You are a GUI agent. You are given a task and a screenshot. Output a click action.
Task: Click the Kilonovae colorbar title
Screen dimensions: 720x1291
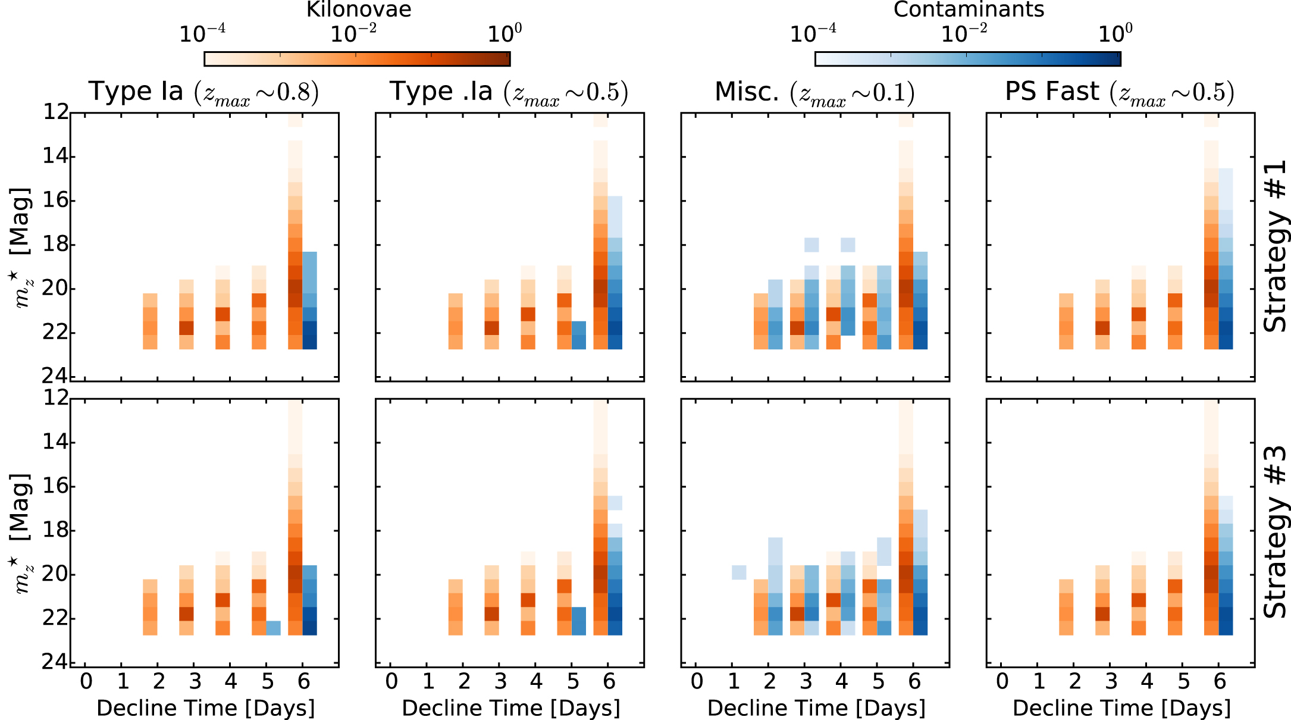tap(358, 10)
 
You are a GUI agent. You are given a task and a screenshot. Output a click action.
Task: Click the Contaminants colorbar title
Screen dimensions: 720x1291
tap(969, 10)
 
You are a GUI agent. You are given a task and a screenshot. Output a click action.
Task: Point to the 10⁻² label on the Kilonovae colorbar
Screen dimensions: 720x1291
tap(353, 33)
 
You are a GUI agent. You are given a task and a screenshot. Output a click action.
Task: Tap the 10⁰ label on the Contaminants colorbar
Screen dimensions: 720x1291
tap(1115, 33)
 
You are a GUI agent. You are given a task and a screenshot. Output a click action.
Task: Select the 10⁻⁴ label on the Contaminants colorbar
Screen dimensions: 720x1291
tap(813, 33)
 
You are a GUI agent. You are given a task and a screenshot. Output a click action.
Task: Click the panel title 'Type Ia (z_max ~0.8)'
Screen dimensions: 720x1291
tap(204, 92)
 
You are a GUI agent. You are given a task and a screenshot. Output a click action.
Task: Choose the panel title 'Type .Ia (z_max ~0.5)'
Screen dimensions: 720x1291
tap(509, 92)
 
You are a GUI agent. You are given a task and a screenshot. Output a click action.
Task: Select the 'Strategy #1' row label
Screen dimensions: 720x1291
tap(1275, 246)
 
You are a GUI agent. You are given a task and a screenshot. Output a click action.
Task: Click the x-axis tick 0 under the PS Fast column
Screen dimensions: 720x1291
tap(1002, 681)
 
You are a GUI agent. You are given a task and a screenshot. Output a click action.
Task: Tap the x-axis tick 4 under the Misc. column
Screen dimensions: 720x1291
tap(841, 681)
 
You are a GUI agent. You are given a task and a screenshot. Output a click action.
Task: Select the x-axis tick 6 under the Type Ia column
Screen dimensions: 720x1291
tap(303, 681)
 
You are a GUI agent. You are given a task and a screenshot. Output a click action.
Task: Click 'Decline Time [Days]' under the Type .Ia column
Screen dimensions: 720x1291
tap(511, 708)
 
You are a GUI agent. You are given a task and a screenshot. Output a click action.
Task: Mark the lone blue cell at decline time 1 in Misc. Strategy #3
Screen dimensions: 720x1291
tap(739, 572)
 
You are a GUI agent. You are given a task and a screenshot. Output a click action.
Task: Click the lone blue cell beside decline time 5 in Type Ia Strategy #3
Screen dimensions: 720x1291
tap(274, 628)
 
